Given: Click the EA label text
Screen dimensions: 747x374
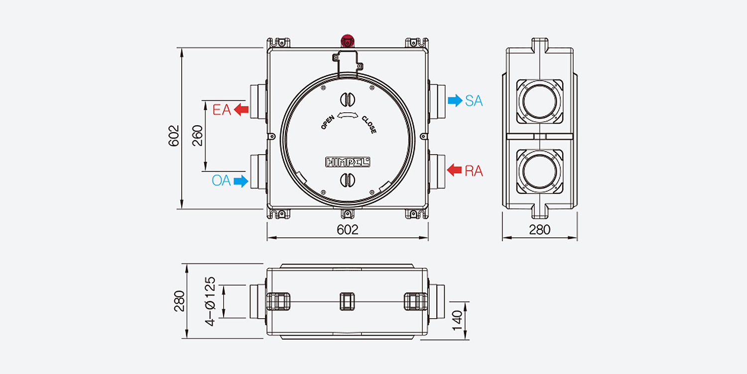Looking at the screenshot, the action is click(222, 110).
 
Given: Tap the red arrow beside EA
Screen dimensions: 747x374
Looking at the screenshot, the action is click(241, 110).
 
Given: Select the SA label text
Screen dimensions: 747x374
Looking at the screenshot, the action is click(474, 101).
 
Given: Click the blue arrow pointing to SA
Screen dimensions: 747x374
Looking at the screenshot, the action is click(455, 101).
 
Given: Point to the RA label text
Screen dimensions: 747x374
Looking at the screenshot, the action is click(474, 171).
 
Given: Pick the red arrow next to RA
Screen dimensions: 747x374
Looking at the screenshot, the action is click(454, 170).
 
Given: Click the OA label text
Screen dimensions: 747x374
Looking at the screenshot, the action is click(221, 181).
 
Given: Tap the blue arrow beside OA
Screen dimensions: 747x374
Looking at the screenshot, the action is click(241, 182).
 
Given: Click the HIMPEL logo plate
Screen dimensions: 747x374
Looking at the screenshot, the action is click(348, 162).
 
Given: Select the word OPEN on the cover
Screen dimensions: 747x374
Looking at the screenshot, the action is click(328, 122).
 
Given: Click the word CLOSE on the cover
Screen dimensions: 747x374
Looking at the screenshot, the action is click(369, 125).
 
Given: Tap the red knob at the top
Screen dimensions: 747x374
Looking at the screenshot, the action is click(348, 40).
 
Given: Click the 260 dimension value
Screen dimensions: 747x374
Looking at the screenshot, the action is click(197, 136).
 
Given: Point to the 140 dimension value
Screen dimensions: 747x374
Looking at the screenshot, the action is click(458, 321).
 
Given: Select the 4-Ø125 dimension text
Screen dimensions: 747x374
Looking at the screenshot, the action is click(211, 301).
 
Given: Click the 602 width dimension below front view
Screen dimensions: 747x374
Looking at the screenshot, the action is click(348, 230).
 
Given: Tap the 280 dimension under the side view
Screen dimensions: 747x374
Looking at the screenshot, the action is click(539, 230).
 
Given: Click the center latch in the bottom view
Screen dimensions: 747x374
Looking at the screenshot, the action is click(347, 302).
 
